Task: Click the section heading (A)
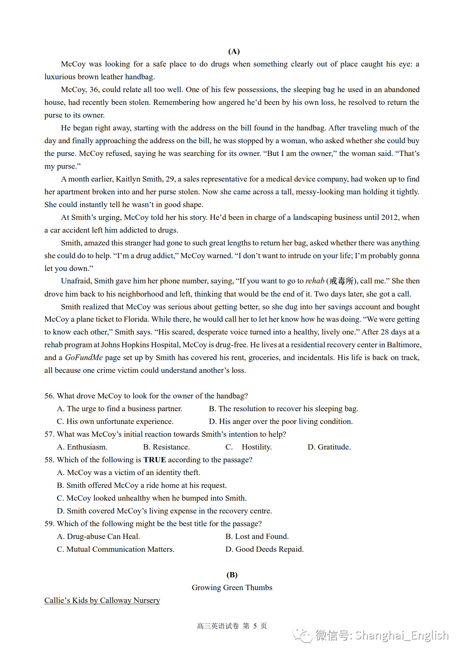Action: pyautogui.click(x=234, y=51)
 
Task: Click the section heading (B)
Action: pyautogui.click(x=232, y=575)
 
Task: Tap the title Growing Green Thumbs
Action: pyautogui.click(x=232, y=587)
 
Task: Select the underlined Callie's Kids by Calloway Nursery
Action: pyautogui.click(x=102, y=600)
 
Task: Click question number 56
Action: pyautogui.click(x=49, y=396)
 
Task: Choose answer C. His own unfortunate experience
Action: pyautogui.click(x=115, y=421)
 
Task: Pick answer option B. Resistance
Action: pyautogui.click(x=166, y=447)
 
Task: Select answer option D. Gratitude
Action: pyautogui.click(x=329, y=447)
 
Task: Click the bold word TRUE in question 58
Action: pyautogui.click(x=155, y=460)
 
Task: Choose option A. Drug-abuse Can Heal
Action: pyautogui.click(x=98, y=536)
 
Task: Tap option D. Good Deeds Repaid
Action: pyautogui.click(x=264, y=549)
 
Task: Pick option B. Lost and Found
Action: pyautogui.click(x=257, y=536)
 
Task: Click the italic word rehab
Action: pyautogui.click(x=315, y=281)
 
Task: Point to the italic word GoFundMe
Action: pyautogui.click(x=84, y=357)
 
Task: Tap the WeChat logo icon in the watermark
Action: pyautogui.click(x=303, y=635)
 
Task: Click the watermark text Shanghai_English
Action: pyautogui.click(x=402, y=635)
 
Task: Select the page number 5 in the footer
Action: pyautogui.click(x=255, y=626)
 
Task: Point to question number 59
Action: pyautogui.click(x=49, y=524)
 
